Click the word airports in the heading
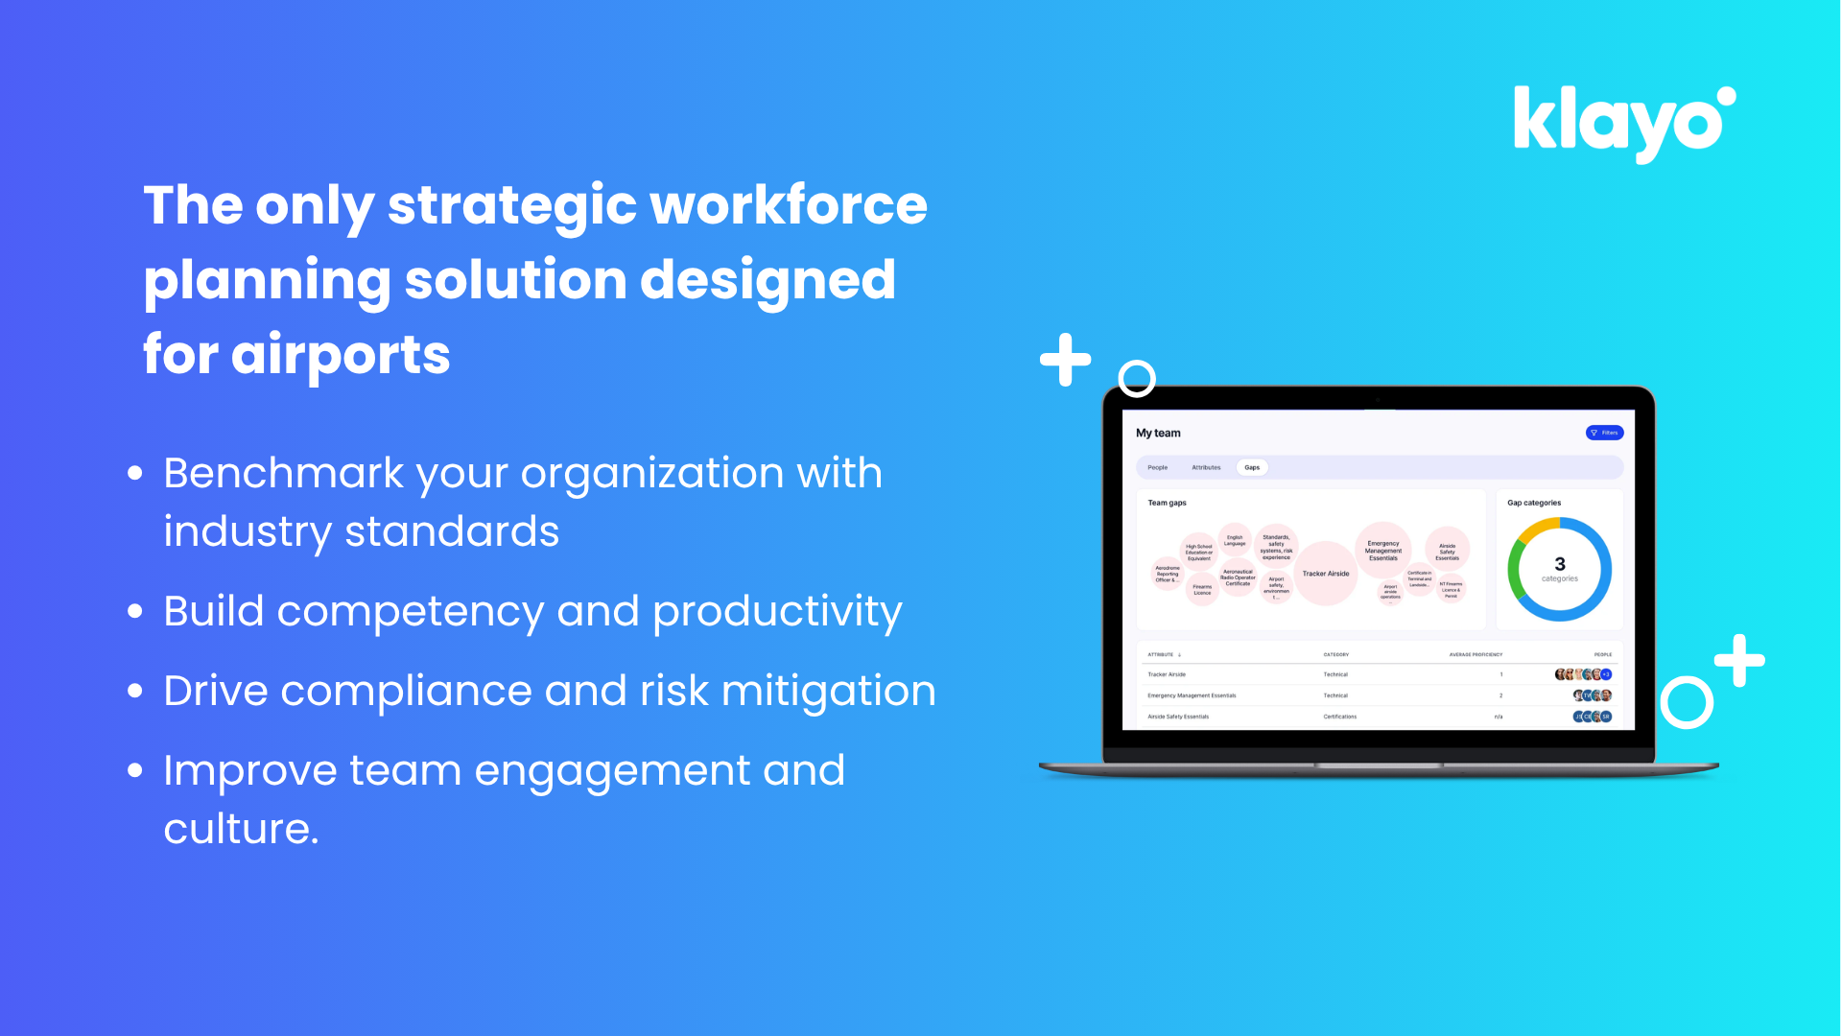(x=341, y=355)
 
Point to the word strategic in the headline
(x=511, y=206)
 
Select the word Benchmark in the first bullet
(x=284, y=473)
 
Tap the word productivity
(x=777, y=612)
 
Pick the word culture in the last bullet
(x=240, y=829)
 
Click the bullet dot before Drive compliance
(x=135, y=692)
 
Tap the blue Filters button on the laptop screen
(x=1604, y=433)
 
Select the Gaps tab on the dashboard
(x=1252, y=467)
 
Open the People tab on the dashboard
(x=1158, y=467)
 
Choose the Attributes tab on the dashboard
(x=1206, y=467)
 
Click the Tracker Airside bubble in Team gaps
(x=1326, y=574)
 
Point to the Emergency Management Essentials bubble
(x=1383, y=550)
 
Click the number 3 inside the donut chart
(x=1560, y=564)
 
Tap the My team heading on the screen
(x=1158, y=433)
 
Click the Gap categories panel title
(x=1534, y=503)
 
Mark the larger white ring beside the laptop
(x=1687, y=703)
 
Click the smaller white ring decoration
(x=1137, y=378)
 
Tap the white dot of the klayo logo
(x=1726, y=97)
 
